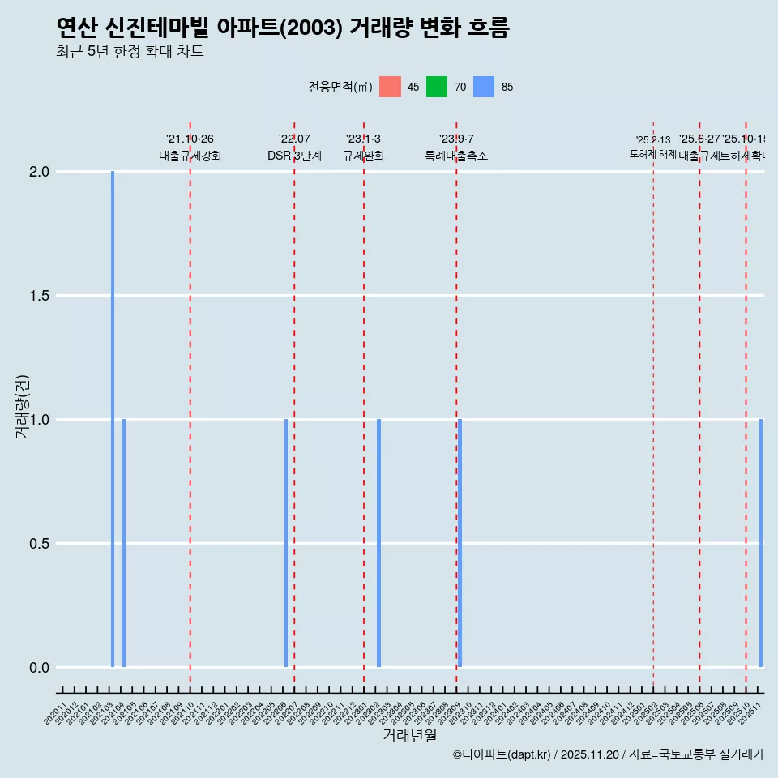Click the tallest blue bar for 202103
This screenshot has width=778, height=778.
click(113, 419)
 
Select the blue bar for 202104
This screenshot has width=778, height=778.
click(124, 543)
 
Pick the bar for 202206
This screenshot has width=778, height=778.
click(286, 543)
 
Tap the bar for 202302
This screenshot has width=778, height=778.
click(378, 543)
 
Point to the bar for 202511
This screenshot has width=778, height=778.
click(761, 543)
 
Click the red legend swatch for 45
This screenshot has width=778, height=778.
click(390, 87)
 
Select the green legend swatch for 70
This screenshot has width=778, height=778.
click(437, 87)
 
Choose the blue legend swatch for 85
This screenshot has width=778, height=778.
click(484, 87)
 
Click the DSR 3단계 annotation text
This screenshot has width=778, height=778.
click(294, 156)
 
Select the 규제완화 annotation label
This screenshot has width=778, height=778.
click(363, 156)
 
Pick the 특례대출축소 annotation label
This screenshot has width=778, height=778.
click(456, 156)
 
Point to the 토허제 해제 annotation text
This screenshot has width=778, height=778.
click(652, 154)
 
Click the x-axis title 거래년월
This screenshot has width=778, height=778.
click(409, 736)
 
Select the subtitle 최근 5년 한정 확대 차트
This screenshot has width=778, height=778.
click(130, 52)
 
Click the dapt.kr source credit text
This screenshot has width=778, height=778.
click(608, 754)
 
